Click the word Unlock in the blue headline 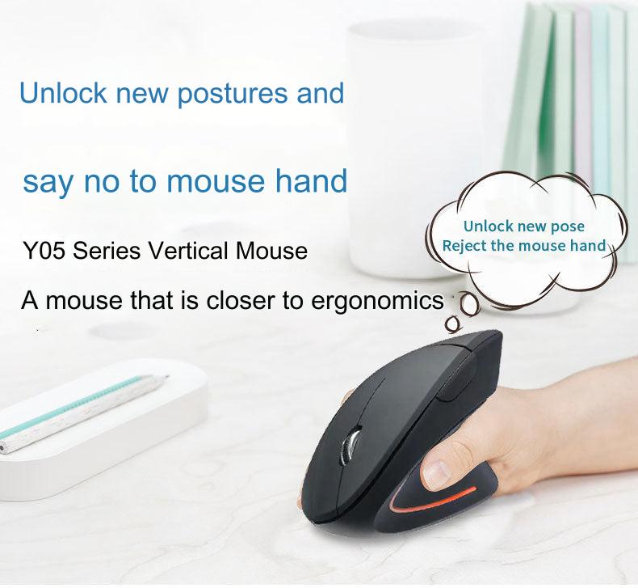pyautogui.click(x=63, y=92)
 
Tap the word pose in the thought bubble pyautogui.click(x=568, y=226)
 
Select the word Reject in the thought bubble pyautogui.click(x=464, y=246)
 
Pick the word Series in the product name pyautogui.click(x=110, y=250)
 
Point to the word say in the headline pyautogui.click(x=47, y=181)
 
